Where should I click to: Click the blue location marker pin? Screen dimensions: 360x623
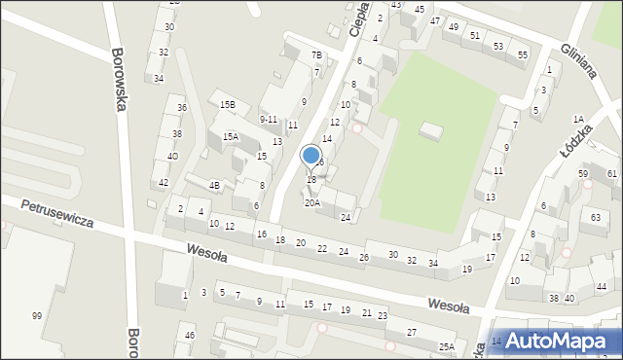pos(311,157)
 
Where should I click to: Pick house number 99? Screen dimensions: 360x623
pos(36,315)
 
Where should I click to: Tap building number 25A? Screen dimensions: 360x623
pos(447,347)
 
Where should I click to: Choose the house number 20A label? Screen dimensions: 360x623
pos(312,203)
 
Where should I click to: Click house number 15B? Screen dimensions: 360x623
pos(228,104)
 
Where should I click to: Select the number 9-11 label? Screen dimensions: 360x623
pos(269,119)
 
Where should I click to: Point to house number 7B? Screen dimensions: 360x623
pos(316,55)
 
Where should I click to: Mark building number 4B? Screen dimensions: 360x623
pos(215,185)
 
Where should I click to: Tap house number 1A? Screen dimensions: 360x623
pos(578,119)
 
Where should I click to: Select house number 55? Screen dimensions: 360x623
pos(523,54)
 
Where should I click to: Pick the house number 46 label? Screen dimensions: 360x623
pos(190,336)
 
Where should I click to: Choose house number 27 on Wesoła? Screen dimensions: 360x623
pos(412,333)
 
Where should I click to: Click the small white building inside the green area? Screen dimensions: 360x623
pos(430,130)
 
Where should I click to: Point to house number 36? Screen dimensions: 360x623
pos(181,107)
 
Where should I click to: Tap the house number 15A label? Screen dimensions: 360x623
pos(231,137)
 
